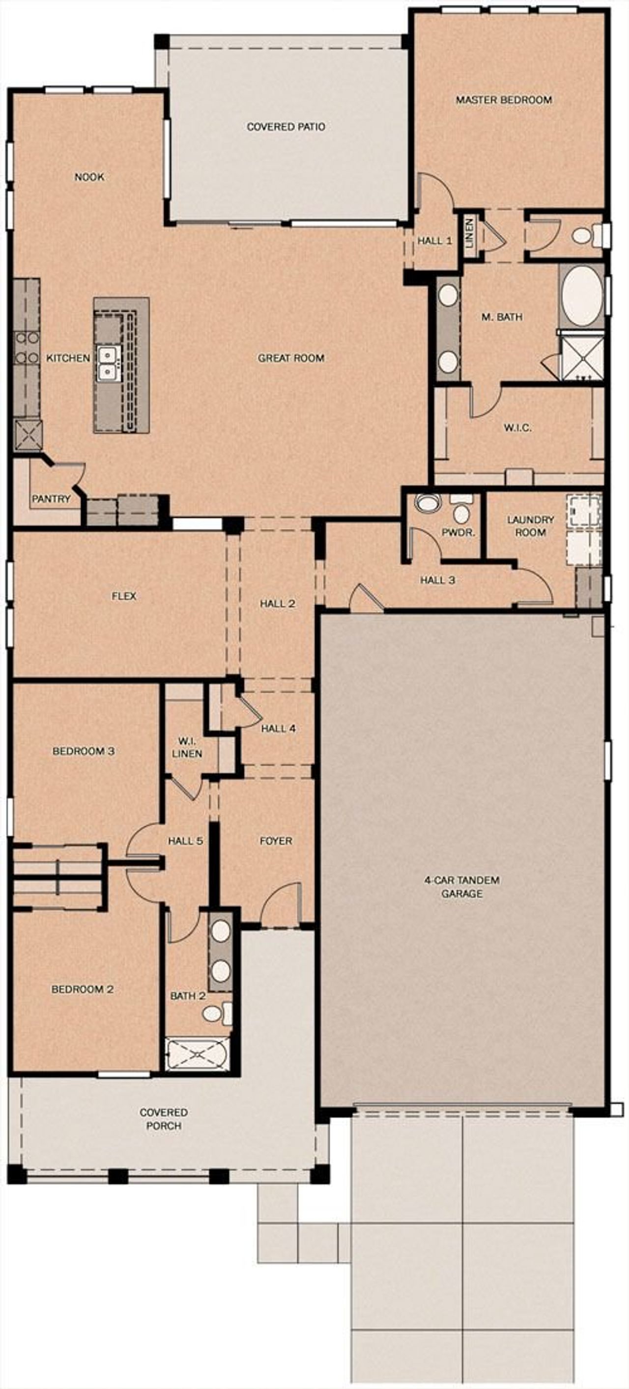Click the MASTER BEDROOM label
(503, 100)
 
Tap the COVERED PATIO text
(286, 127)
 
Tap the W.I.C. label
(517, 428)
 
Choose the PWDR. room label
(458, 533)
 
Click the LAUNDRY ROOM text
(530, 526)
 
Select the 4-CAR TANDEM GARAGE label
(462, 886)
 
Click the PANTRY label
(51, 499)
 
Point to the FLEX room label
(123, 596)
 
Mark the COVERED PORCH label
(164, 1119)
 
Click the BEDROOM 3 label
(83, 751)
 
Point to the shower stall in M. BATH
(581, 357)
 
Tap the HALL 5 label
(185, 841)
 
